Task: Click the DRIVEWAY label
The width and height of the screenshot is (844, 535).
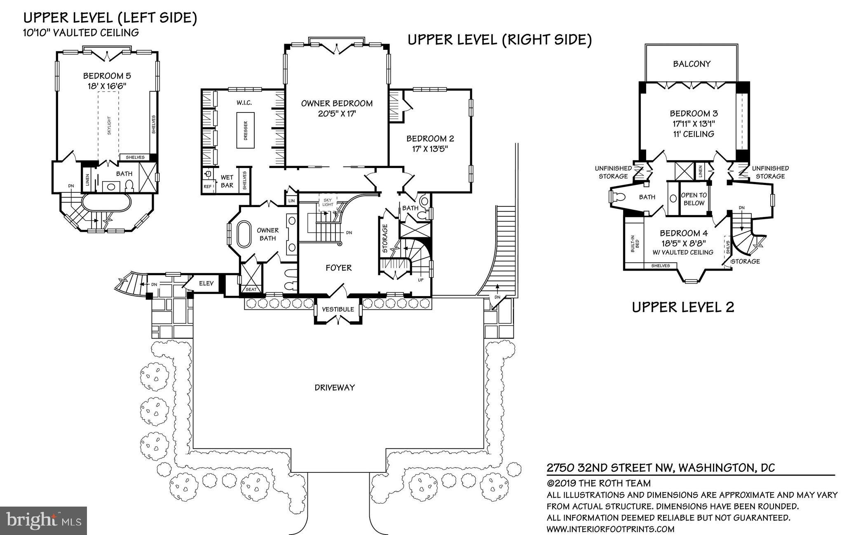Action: pyautogui.click(x=335, y=388)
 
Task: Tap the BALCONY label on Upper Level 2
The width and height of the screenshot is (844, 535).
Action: pyautogui.click(x=692, y=64)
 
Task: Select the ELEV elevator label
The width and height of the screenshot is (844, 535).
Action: pyautogui.click(x=206, y=283)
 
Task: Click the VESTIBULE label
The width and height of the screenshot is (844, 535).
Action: pyautogui.click(x=338, y=309)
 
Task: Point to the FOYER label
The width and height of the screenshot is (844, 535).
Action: pyautogui.click(x=339, y=268)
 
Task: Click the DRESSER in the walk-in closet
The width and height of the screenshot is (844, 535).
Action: pyautogui.click(x=245, y=130)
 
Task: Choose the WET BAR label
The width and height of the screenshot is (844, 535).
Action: pyautogui.click(x=227, y=182)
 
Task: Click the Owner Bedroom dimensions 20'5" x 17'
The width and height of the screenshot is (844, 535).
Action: pyautogui.click(x=337, y=113)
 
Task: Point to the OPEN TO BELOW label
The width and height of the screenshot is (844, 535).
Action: pyautogui.click(x=694, y=199)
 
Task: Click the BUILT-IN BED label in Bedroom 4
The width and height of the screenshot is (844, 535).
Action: pyautogui.click(x=635, y=243)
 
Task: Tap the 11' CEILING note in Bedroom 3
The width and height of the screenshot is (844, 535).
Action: pyautogui.click(x=692, y=134)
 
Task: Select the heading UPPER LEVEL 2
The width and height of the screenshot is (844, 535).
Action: pyautogui.click(x=683, y=307)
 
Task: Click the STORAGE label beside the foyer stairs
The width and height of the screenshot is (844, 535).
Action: pyautogui.click(x=385, y=238)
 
